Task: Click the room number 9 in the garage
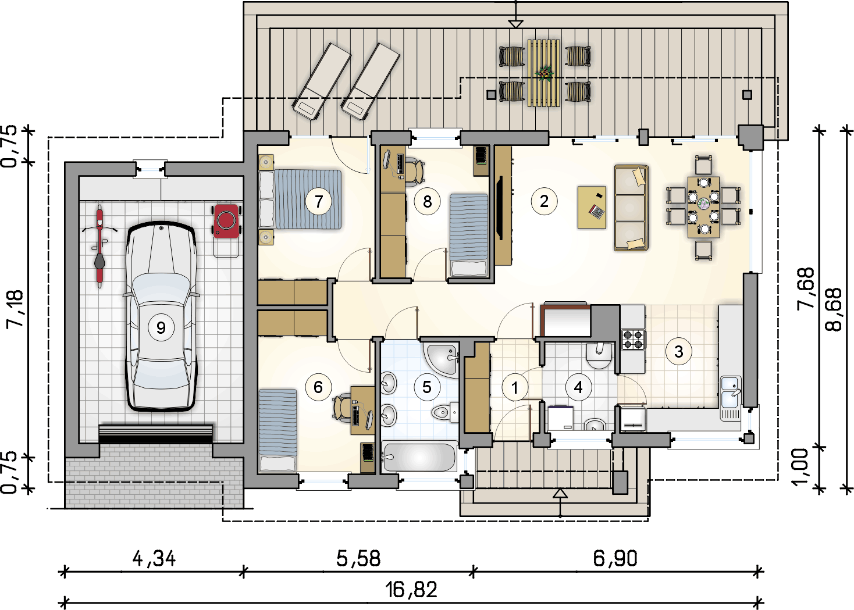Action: pyautogui.click(x=161, y=328)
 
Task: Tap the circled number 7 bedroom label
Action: pyautogui.click(x=318, y=201)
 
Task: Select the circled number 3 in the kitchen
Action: pyautogui.click(x=678, y=351)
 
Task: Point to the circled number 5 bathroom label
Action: pyautogui.click(x=427, y=387)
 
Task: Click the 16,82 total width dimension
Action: pyautogui.click(x=411, y=590)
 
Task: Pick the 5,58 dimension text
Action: pyautogui.click(x=358, y=558)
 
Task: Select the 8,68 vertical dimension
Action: pyautogui.click(x=833, y=309)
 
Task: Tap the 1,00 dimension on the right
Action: pyautogui.click(x=800, y=466)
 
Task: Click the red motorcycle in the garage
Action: pyautogui.click(x=99, y=246)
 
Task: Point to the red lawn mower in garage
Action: pyautogui.click(x=226, y=221)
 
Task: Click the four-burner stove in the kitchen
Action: pyautogui.click(x=633, y=339)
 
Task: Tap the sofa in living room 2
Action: pyautogui.click(x=631, y=208)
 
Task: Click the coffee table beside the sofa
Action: pyautogui.click(x=592, y=207)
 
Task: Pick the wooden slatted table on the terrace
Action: pyautogui.click(x=544, y=73)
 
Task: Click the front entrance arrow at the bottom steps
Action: pyautogui.click(x=560, y=494)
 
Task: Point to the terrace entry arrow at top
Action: pyautogui.click(x=515, y=23)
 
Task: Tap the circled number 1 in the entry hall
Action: pyautogui.click(x=514, y=387)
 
